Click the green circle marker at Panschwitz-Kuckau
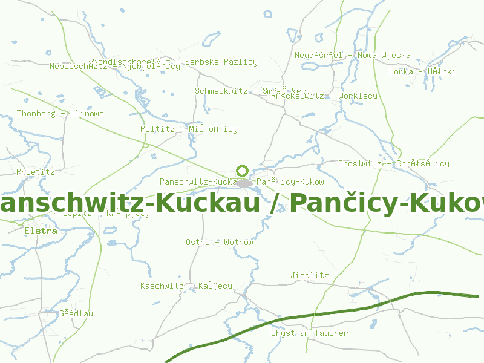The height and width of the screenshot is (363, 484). [x=243, y=171]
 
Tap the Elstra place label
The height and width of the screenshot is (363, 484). [x=41, y=231]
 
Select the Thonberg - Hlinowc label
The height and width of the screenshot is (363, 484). [x=60, y=113]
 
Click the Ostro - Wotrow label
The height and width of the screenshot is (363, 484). [x=219, y=242]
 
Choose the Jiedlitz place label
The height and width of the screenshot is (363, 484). [x=310, y=275]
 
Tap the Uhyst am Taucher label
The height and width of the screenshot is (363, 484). [x=309, y=333]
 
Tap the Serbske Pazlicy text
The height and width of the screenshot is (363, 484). [x=221, y=62]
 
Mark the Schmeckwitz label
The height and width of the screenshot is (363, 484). [x=221, y=91]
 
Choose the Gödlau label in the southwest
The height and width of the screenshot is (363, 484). [x=76, y=313]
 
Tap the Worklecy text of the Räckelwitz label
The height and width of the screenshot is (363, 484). [x=358, y=96]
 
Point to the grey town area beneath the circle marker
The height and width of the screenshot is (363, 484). [x=244, y=183]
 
